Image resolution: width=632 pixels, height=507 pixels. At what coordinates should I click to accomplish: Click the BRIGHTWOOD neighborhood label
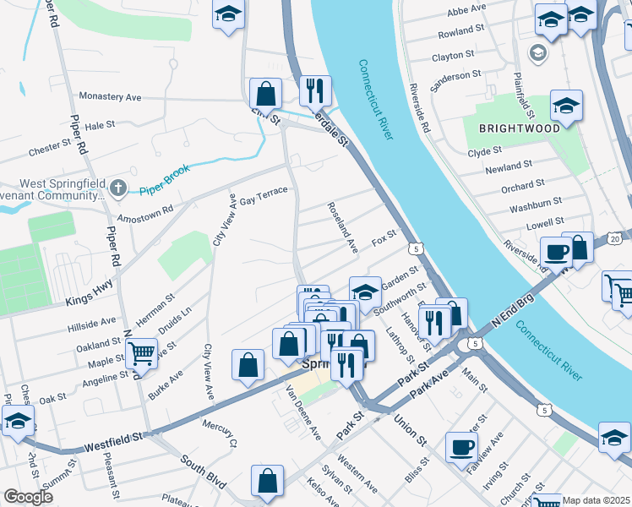[520, 128]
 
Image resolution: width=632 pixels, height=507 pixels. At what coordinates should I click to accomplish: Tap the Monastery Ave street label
[110, 97]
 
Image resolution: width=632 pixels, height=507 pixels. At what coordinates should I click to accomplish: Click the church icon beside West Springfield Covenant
[119, 187]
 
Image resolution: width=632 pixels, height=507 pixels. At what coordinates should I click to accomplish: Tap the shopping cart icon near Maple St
[141, 352]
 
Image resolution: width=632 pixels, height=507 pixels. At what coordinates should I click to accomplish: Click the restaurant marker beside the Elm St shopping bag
[315, 89]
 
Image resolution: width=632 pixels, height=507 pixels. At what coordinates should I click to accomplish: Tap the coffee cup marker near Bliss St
[461, 447]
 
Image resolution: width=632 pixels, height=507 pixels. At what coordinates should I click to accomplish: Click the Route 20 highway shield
[614, 238]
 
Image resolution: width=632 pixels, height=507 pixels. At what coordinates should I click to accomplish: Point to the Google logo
[28, 497]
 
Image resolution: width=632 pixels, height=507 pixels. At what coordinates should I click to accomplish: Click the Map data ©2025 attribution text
[597, 500]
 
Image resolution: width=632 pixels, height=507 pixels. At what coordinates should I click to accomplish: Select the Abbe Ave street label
[466, 8]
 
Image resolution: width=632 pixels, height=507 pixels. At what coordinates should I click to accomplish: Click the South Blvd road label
[203, 472]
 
